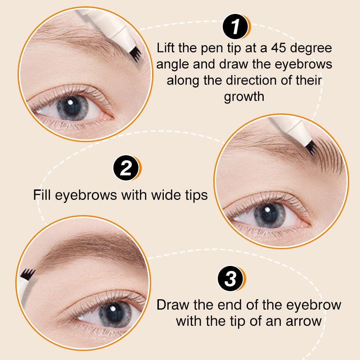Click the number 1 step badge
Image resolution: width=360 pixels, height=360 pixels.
[236, 27]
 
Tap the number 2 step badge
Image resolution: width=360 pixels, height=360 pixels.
[126, 168]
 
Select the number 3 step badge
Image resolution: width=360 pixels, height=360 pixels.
[231, 279]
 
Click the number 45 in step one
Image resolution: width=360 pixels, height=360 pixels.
[279, 48]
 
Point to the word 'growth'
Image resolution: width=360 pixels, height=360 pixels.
[244, 97]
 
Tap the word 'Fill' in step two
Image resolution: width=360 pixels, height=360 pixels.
[42, 195]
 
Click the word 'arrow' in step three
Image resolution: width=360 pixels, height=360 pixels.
[304, 321]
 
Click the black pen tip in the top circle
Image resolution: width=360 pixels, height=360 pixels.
[136, 55]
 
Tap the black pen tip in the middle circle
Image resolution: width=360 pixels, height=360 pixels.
[312, 148]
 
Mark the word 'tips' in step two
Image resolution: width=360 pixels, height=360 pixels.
[197, 195]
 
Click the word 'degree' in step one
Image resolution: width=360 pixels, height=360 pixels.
[311, 49]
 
